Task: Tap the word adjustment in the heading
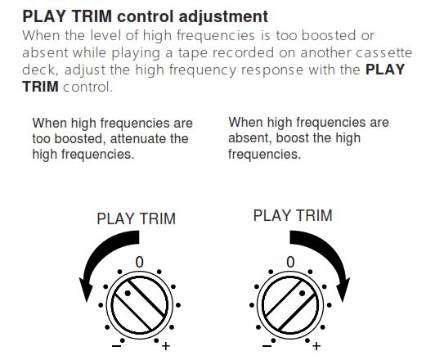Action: tap(223, 17)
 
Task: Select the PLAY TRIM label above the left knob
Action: tap(137, 218)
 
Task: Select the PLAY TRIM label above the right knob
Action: tap(293, 216)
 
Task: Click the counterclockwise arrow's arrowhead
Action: tap(86, 290)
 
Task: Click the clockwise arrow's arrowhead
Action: tap(343, 290)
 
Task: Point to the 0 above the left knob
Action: tap(140, 262)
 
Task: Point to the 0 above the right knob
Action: tap(290, 262)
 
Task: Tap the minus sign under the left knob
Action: tap(116, 346)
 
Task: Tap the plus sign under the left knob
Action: tap(166, 346)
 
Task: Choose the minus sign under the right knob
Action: tap(267, 346)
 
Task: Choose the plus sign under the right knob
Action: tap(316, 346)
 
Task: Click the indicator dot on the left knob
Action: tap(128, 293)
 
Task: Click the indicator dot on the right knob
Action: tap(303, 293)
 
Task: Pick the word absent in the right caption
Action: tap(249, 138)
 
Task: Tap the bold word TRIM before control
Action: tap(41, 87)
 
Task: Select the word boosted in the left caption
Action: tap(80, 139)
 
